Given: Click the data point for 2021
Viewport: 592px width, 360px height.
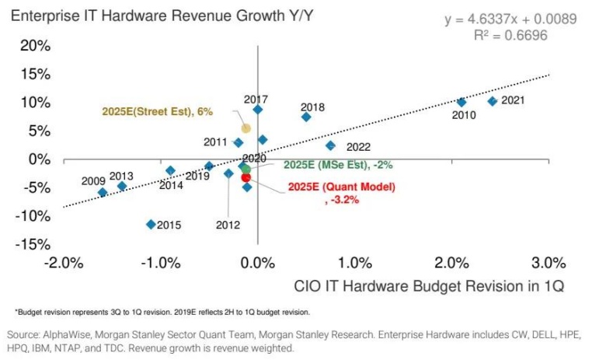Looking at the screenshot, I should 492,101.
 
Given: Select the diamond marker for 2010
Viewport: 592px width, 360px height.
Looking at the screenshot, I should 461,102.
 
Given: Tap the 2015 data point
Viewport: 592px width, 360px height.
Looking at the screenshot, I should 151,224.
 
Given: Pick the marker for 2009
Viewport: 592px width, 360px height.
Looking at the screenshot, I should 102,192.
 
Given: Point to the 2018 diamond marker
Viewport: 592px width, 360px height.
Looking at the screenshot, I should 306,117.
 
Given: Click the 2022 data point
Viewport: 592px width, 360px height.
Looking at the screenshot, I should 330,145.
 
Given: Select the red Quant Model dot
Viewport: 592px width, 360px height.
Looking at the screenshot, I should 246,177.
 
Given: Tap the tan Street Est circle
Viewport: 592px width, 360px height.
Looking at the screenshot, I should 246,128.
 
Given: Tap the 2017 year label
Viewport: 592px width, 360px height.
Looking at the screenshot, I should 256,100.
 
